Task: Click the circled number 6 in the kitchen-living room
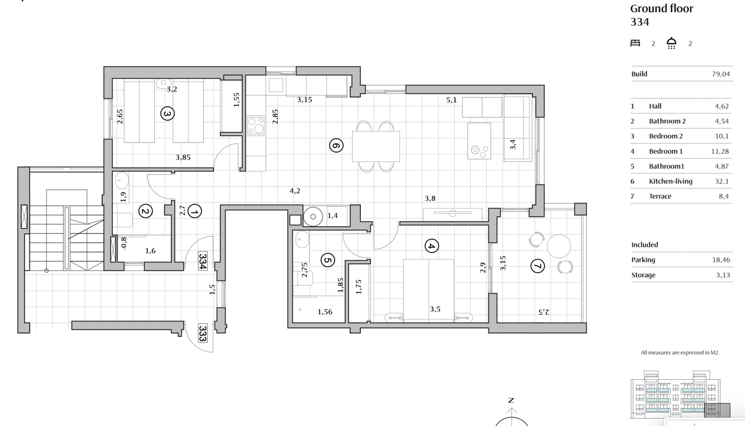pyautogui.click(x=336, y=145)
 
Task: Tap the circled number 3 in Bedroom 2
pyautogui.click(x=167, y=114)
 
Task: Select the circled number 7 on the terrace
pyautogui.click(x=537, y=266)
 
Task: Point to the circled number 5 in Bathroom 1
pyautogui.click(x=328, y=260)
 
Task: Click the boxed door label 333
pyautogui.click(x=203, y=333)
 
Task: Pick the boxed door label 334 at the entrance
pyautogui.click(x=203, y=261)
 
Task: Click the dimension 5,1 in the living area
pyautogui.click(x=451, y=100)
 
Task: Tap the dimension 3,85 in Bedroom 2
pyautogui.click(x=183, y=158)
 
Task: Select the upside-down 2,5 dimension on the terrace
pyautogui.click(x=544, y=312)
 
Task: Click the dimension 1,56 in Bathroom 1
pyautogui.click(x=325, y=312)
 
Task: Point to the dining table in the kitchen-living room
pyautogui.click(x=376, y=146)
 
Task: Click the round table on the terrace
pyautogui.click(x=558, y=246)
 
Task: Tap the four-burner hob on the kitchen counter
pyautogui.click(x=256, y=125)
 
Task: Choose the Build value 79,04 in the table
pyautogui.click(x=721, y=74)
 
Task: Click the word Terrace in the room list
pyautogui.click(x=660, y=196)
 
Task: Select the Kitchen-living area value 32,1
pyautogui.click(x=722, y=181)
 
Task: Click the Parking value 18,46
pyautogui.click(x=721, y=260)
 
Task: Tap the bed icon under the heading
pyautogui.click(x=635, y=43)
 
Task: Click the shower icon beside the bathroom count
pyautogui.click(x=672, y=43)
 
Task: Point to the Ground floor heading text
pyautogui.click(x=662, y=9)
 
